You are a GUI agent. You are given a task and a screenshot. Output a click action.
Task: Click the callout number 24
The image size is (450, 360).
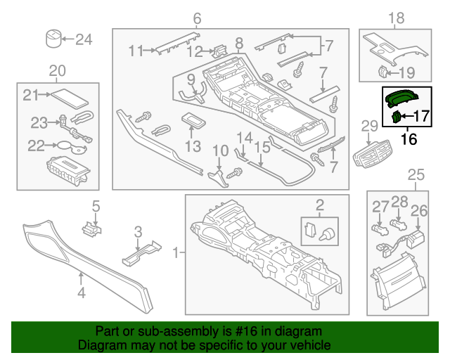coord(84,39)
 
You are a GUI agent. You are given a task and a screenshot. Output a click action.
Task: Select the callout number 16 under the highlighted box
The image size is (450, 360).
coord(408,139)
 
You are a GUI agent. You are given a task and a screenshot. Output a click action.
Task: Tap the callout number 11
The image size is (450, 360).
coord(135,50)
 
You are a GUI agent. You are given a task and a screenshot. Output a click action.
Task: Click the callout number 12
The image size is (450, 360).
coord(195,51)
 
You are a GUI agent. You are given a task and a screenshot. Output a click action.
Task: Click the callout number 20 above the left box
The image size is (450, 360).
coord(57,70)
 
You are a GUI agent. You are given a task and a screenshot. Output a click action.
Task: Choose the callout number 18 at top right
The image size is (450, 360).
coord(396,18)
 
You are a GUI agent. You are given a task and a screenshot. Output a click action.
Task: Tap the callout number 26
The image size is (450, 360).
coord(418,210)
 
